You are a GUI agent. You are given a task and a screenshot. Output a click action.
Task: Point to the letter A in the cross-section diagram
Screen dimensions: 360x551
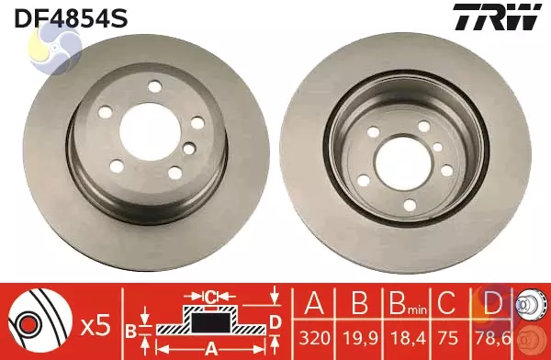(x=210, y=348)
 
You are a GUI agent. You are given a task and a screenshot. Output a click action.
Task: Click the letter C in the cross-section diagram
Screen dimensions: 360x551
(x=210, y=296)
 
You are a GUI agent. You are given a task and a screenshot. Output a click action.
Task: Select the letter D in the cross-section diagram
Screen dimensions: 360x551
(x=275, y=321)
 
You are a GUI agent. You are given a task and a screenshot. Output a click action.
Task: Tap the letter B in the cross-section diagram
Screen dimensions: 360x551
(x=130, y=330)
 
